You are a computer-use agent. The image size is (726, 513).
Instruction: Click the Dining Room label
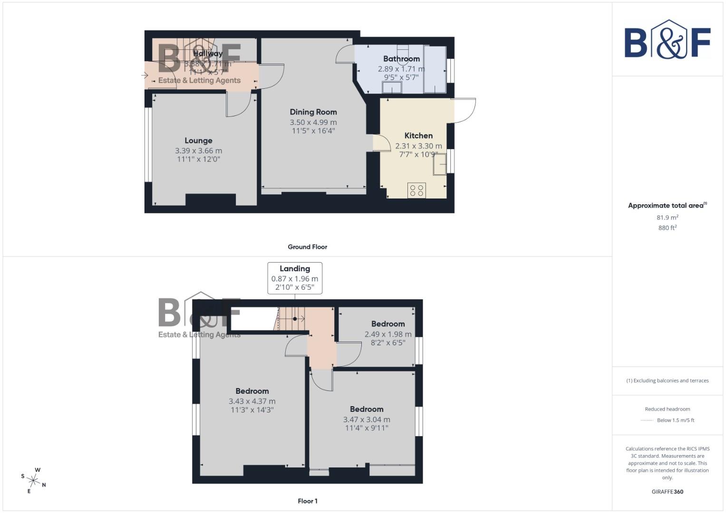click(x=313, y=112)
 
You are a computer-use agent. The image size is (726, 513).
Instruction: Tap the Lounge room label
click(x=198, y=141)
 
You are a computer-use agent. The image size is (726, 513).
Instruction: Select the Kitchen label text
click(x=418, y=136)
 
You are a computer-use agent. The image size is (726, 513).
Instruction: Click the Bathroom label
click(x=401, y=59)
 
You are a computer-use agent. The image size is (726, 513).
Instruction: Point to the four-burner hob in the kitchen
click(x=417, y=190)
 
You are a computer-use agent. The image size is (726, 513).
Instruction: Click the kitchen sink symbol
click(x=440, y=164)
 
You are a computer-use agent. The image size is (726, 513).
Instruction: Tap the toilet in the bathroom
click(x=403, y=53)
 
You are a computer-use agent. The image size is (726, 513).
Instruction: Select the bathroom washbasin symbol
click(x=392, y=88)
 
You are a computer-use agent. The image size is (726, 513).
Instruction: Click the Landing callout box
click(x=295, y=278)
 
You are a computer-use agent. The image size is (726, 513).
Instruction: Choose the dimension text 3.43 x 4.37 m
click(x=252, y=401)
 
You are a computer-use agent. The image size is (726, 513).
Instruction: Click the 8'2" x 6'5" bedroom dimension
click(x=388, y=343)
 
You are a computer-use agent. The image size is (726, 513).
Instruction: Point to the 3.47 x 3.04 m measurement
click(x=367, y=419)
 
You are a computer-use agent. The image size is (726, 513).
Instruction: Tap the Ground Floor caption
click(x=307, y=247)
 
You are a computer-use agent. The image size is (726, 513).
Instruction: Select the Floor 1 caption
click(x=307, y=501)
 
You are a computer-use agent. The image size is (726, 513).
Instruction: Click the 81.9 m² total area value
click(x=667, y=218)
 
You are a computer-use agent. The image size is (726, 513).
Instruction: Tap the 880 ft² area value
click(x=667, y=228)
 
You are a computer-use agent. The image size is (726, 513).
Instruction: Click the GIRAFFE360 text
click(x=667, y=492)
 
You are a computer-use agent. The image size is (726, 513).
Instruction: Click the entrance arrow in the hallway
click(x=145, y=75)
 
